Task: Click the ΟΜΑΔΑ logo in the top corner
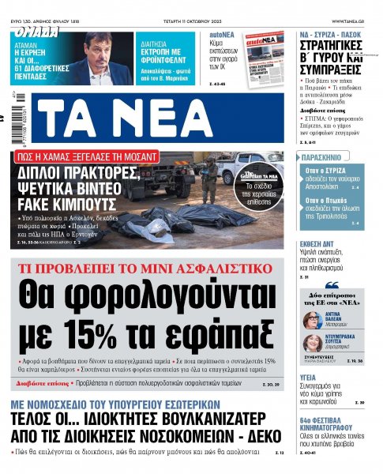tap(36, 32)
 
